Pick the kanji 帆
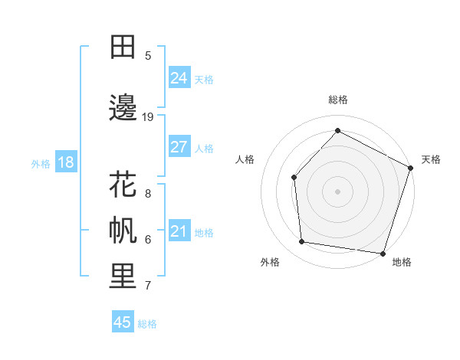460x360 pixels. (x=123, y=231)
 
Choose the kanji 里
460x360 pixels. (x=123, y=277)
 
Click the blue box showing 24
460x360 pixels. (x=179, y=78)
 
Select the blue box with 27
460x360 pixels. (x=179, y=147)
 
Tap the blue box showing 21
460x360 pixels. (x=179, y=231)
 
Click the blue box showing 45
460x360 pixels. (x=123, y=322)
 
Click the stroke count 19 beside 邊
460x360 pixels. (x=148, y=116)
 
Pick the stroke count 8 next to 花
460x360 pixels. (x=147, y=193)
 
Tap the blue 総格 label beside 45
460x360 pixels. (x=147, y=324)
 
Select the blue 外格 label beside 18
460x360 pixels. (x=41, y=163)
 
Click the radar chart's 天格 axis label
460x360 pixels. (x=431, y=159)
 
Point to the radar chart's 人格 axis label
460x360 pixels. (x=245, y=159)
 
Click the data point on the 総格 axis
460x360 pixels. (x=337, y=130)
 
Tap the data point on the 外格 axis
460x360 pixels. (x=302, y=242)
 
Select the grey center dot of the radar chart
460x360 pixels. (x=337, y=191)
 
